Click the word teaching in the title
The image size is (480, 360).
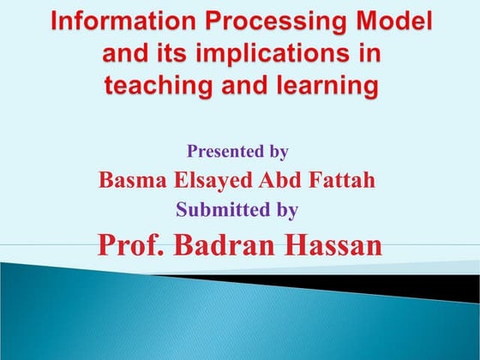click(x=155, y=86)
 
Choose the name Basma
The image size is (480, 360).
click(x=129, y=180)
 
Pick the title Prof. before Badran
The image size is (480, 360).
click(x=130, y=244)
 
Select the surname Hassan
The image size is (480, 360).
click(x=333, y=244)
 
